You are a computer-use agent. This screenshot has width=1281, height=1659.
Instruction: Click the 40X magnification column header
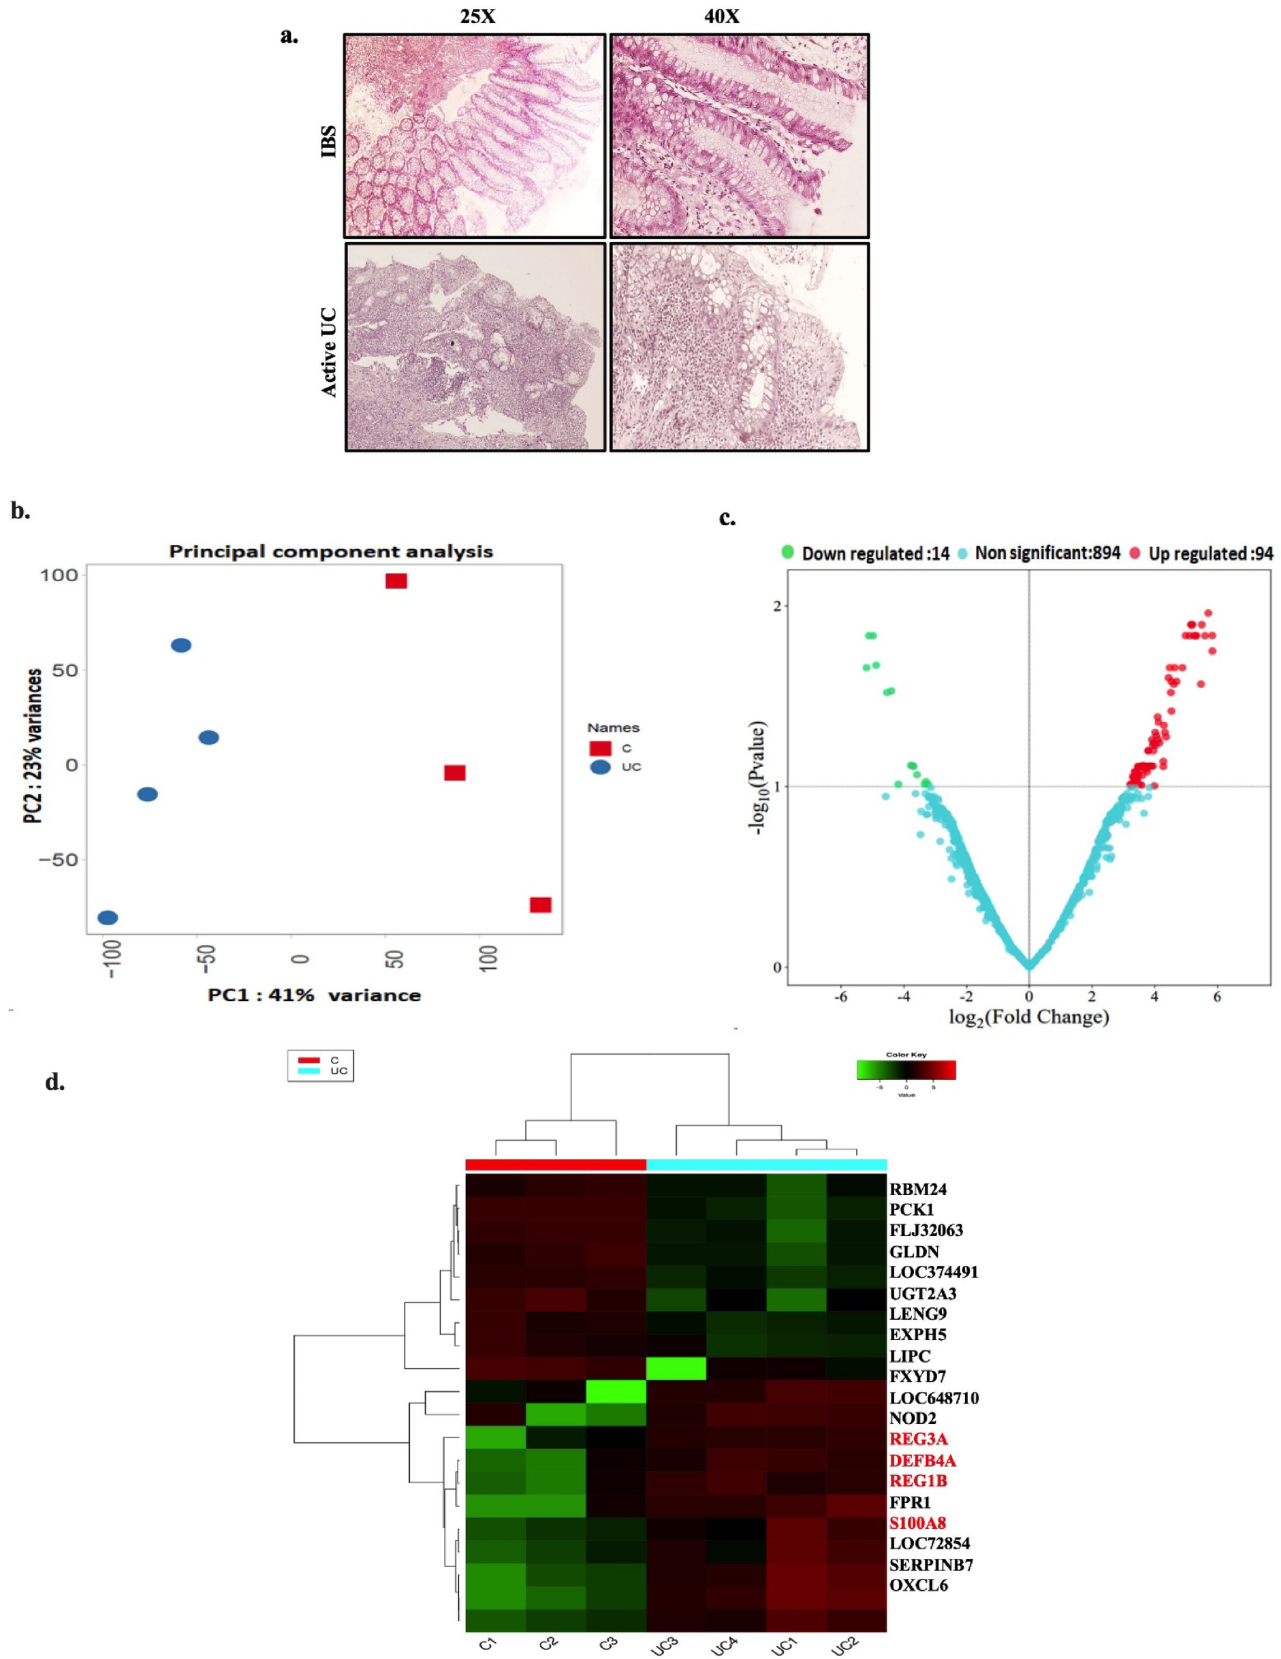click(x=721, y=16)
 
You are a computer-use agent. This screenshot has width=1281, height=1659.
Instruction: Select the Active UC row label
click(x=330, y=352)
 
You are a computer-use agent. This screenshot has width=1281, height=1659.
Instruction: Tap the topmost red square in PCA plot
click(x=396, y=581)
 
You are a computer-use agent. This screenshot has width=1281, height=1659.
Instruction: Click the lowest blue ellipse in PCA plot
click(x=108, y=918)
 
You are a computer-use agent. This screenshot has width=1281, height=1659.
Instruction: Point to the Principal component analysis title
click(x=331, y=551)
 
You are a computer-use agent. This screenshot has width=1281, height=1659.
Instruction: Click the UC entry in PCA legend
click(x=631, y=767)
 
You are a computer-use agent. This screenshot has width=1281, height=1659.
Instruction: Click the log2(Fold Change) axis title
click(x=1029, y=1017)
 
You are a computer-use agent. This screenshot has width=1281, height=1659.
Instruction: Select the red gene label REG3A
click(x=919, y=1439)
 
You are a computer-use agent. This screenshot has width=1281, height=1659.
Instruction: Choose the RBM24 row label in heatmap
click(x=918, y=1190)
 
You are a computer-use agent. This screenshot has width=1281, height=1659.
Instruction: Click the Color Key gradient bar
click(x=906, y=1070)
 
